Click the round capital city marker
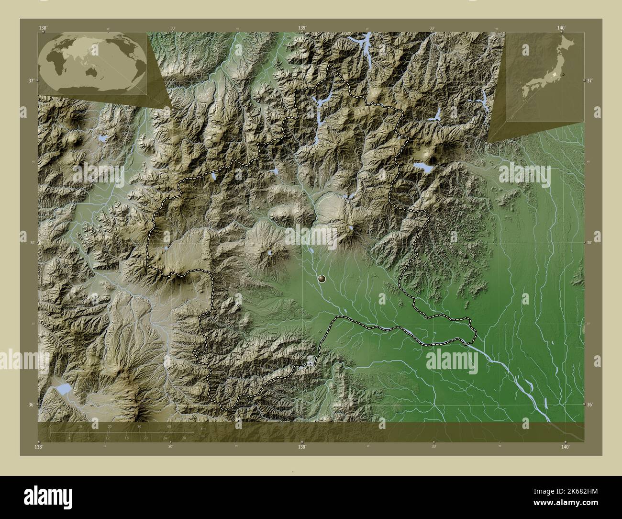click(321, 278)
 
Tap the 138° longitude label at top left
click(43, 28)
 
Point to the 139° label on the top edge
click(302, 28)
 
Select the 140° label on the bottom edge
click(565, 447)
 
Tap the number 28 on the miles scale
click(184, 437)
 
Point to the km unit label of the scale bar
click(203, 428)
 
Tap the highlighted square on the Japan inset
click(554, 75)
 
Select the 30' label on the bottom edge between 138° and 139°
click(171, 446)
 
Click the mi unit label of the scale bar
click(203, 436)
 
